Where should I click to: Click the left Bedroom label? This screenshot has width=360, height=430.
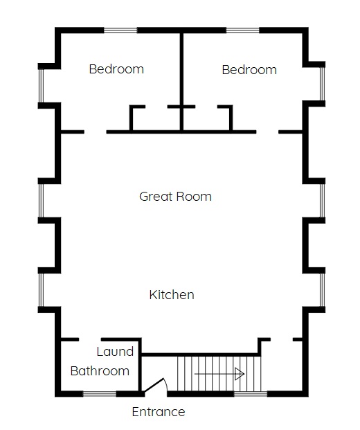(x=116, y=69)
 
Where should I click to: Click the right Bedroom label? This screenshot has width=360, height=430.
(x=249, y=70)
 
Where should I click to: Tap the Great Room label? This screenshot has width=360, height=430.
(x=175, y=197)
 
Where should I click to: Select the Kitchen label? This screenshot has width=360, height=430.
(x=172, y=295)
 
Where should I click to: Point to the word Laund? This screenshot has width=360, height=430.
(x=115, y=352)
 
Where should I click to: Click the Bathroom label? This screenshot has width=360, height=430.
(x=100, y=371)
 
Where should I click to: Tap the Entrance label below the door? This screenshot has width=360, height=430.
(x=159, y=412)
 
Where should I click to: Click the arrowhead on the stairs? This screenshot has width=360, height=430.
(x=240, y=374)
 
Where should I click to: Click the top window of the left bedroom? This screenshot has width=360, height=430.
(x=120, y=30)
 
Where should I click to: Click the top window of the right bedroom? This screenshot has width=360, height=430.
(x=242, y=30)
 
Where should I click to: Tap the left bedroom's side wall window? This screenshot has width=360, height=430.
(x=41, y=86)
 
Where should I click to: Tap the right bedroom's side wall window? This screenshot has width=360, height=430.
(x=323, y=84)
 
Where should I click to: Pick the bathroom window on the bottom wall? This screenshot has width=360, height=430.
(x=100, y=394)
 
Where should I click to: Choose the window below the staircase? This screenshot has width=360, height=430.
(x=251, y=394)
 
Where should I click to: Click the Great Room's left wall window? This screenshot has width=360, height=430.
(x=41, y=201)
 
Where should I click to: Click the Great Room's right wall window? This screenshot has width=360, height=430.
(x=323, y=201)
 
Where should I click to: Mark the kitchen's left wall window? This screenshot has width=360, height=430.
(x=41, y=290)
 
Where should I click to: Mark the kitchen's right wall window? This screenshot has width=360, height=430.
(x=323, y=290)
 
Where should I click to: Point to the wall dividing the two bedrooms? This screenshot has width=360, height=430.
(x=181, y=82)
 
